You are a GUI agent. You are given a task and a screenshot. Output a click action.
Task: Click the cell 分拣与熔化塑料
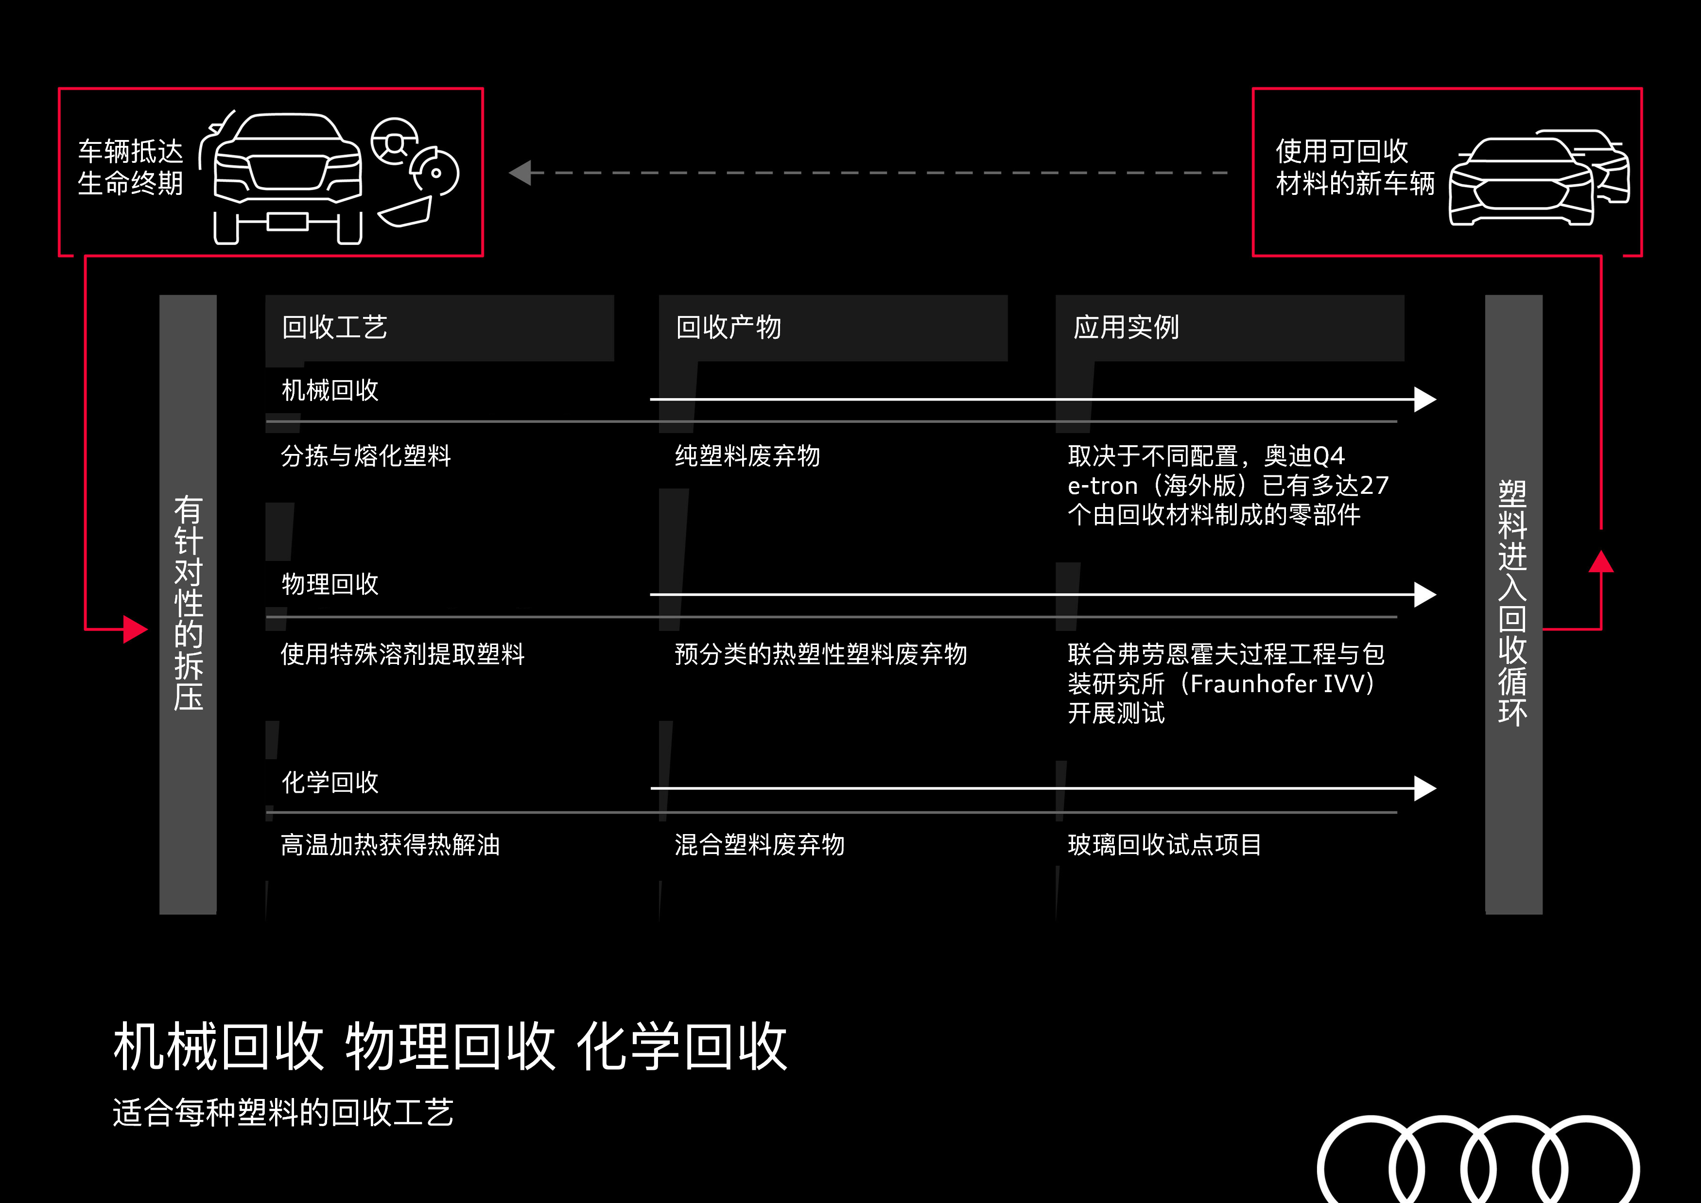tap(366, 455)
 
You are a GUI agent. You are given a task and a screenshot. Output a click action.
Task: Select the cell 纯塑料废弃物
tap(747, 455)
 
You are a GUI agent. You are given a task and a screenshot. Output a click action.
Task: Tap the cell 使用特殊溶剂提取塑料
tap(403, 654)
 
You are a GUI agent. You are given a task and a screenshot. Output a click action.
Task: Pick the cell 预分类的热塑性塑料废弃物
tap(821, 654)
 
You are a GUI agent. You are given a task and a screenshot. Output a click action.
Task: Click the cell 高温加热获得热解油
tap(390, 844)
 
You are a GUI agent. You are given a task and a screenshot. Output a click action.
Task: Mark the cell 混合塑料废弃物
tap(759, 844)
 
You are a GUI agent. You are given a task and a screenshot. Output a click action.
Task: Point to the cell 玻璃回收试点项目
tap(1164, 844)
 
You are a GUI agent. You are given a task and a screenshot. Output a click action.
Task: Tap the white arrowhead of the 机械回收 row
tap(1424, 399)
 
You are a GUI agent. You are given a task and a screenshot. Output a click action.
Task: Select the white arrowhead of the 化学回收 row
tap(1424, 789)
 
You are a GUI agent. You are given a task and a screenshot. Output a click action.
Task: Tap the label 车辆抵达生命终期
tap(130, 167)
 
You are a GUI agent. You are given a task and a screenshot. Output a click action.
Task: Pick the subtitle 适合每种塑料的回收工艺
tap(283, 1113)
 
